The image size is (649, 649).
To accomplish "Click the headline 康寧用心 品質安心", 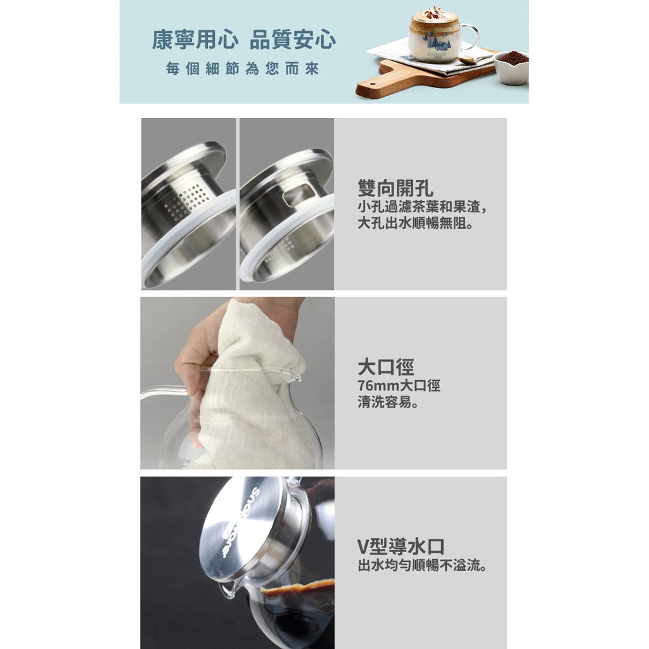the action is pos(244,40).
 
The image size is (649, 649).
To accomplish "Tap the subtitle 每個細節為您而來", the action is pos(242,68).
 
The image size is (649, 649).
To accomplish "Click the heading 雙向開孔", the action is pos(395,188).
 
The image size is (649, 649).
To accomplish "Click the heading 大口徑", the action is pos(386,367).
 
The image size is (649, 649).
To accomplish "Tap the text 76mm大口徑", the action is pos(399,385).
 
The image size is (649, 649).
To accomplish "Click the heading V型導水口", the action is pos(401,547).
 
